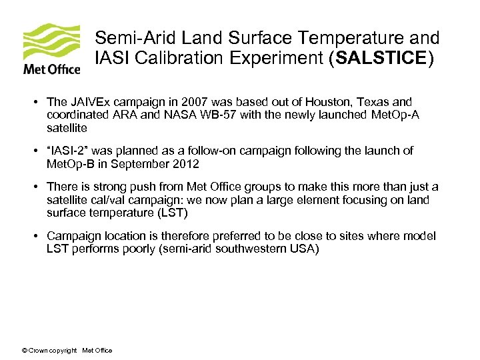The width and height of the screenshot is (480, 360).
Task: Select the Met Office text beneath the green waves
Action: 52,69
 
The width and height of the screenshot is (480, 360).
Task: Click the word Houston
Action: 323,102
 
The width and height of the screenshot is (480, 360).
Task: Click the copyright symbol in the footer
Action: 25,351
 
